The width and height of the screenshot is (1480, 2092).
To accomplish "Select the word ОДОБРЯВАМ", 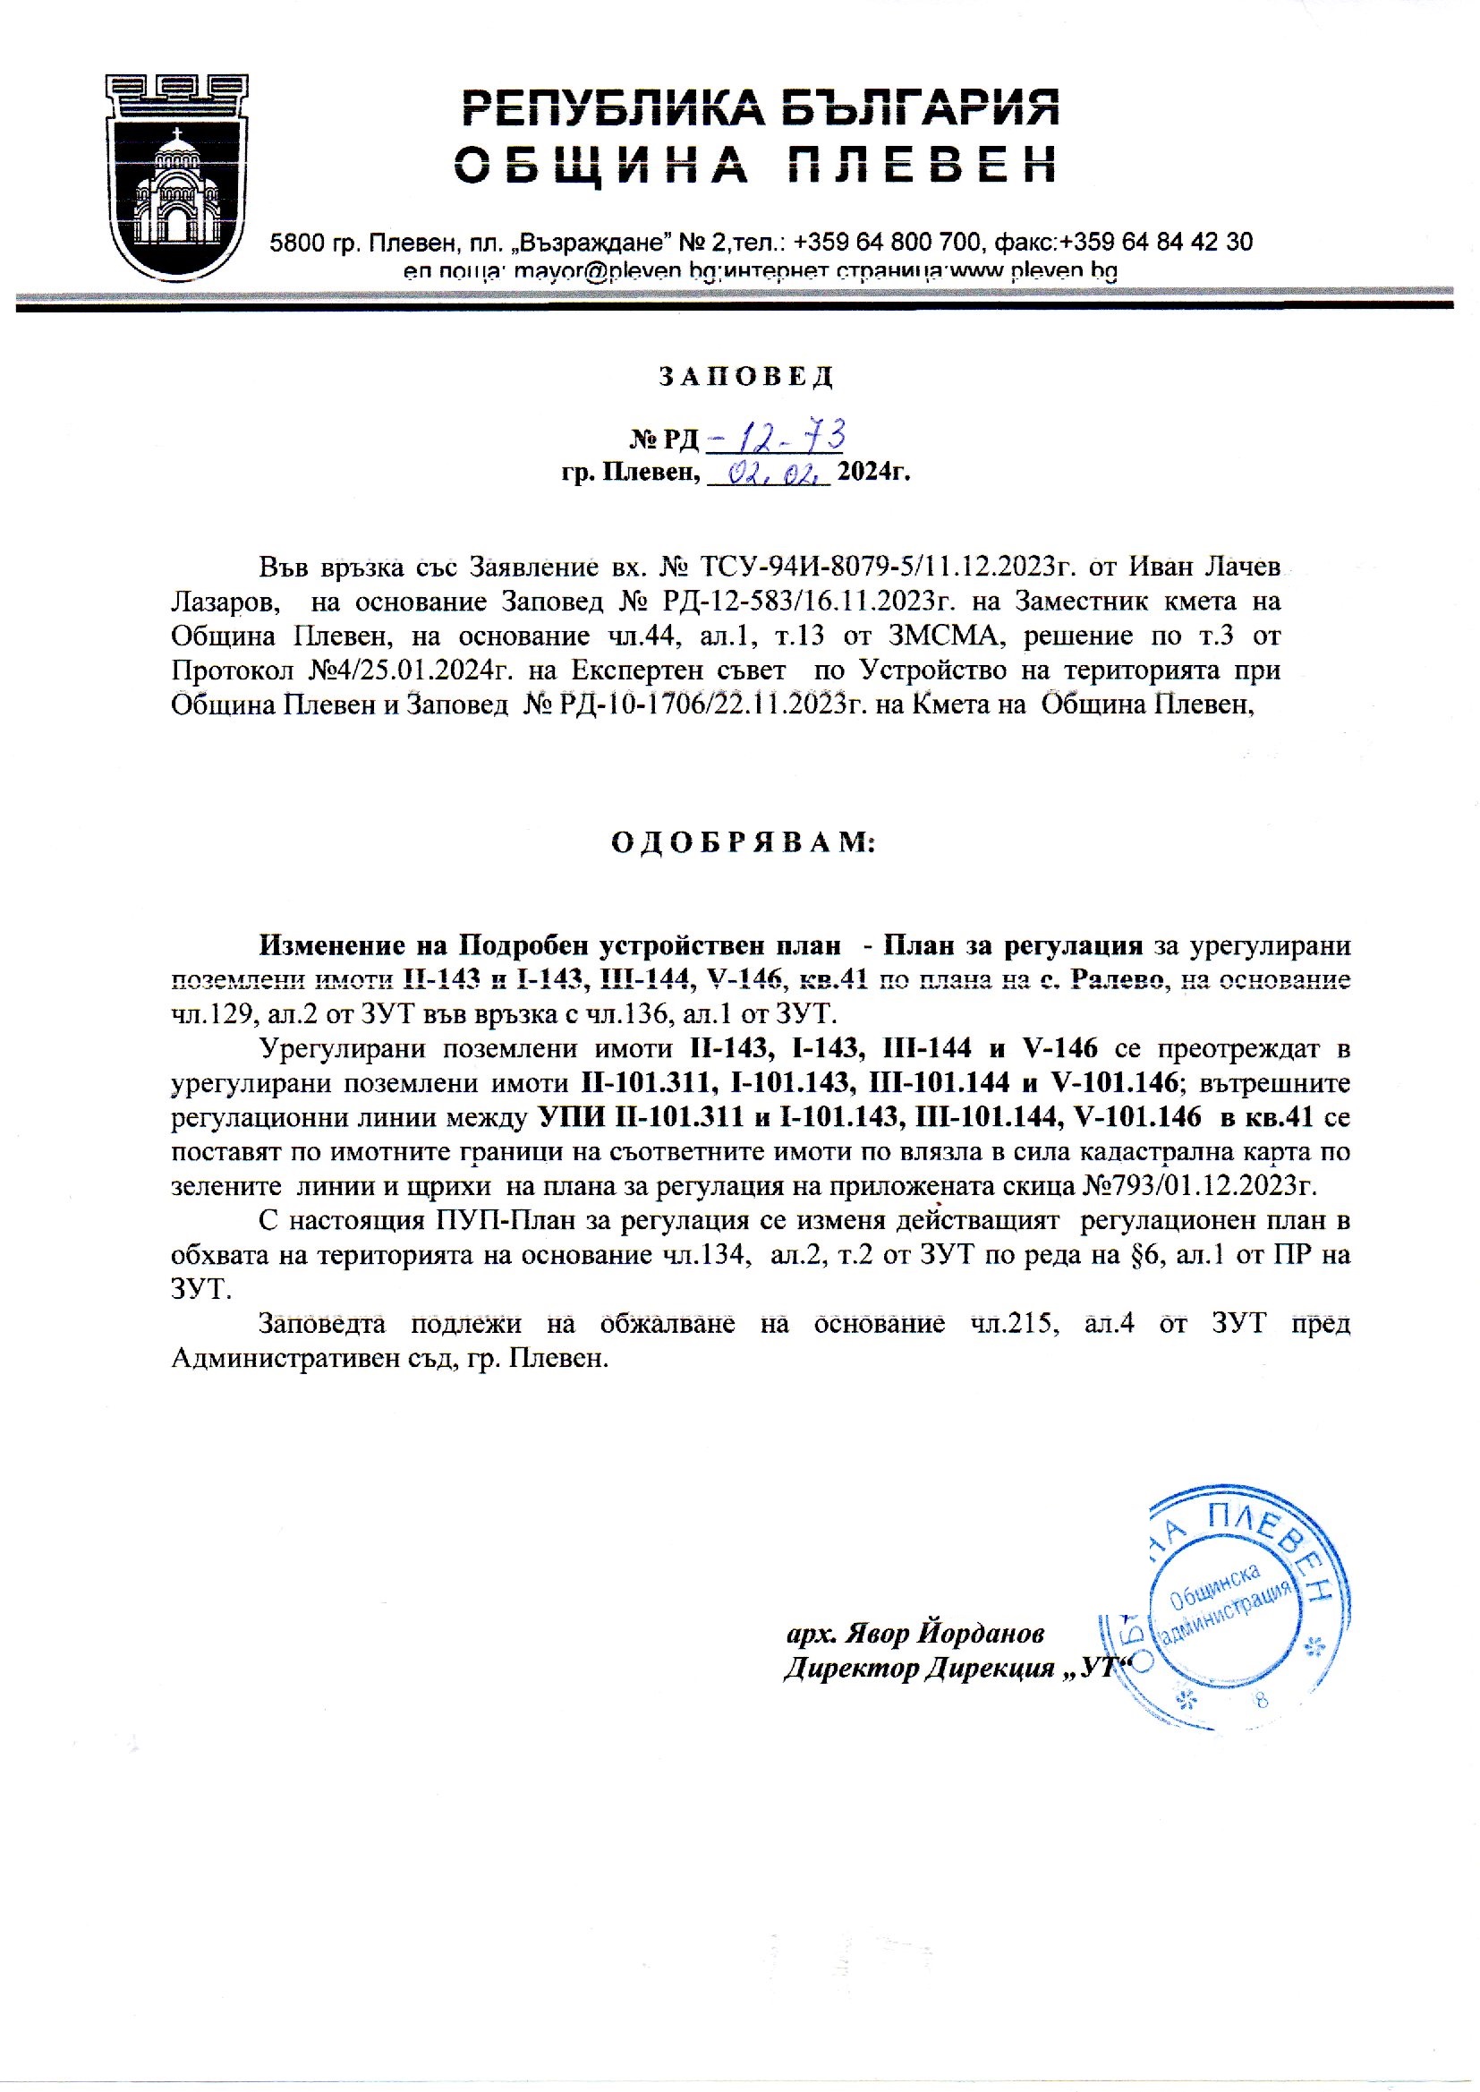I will (x=742, y=842).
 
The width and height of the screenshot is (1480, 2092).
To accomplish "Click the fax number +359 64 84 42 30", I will (x=1156, y=243).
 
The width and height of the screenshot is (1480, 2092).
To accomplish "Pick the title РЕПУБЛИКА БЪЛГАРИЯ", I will (x=761, y=109).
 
